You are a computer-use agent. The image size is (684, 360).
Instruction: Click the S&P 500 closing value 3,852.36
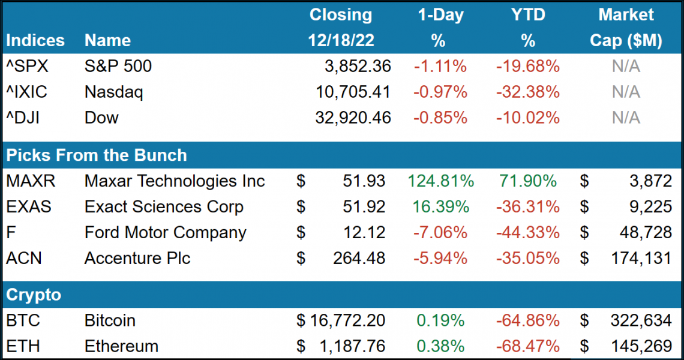353,67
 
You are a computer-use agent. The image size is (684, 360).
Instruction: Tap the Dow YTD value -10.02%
528,118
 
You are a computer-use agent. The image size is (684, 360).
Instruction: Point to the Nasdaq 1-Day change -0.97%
440,92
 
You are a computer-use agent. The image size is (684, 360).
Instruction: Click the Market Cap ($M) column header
626,28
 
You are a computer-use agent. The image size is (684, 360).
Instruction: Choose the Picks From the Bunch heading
97,155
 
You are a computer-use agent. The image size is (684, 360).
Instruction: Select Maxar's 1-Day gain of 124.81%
440,181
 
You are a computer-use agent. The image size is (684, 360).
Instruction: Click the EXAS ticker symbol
29,207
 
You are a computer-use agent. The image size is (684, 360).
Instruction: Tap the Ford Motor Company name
166,233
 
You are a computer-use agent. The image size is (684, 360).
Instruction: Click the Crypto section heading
34,295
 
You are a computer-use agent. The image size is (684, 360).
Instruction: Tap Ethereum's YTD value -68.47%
528,347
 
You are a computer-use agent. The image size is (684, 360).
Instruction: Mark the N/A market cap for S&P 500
626,67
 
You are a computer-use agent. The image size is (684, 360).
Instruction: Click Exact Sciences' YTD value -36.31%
528,207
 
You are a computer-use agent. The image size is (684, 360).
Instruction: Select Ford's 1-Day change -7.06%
440,233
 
